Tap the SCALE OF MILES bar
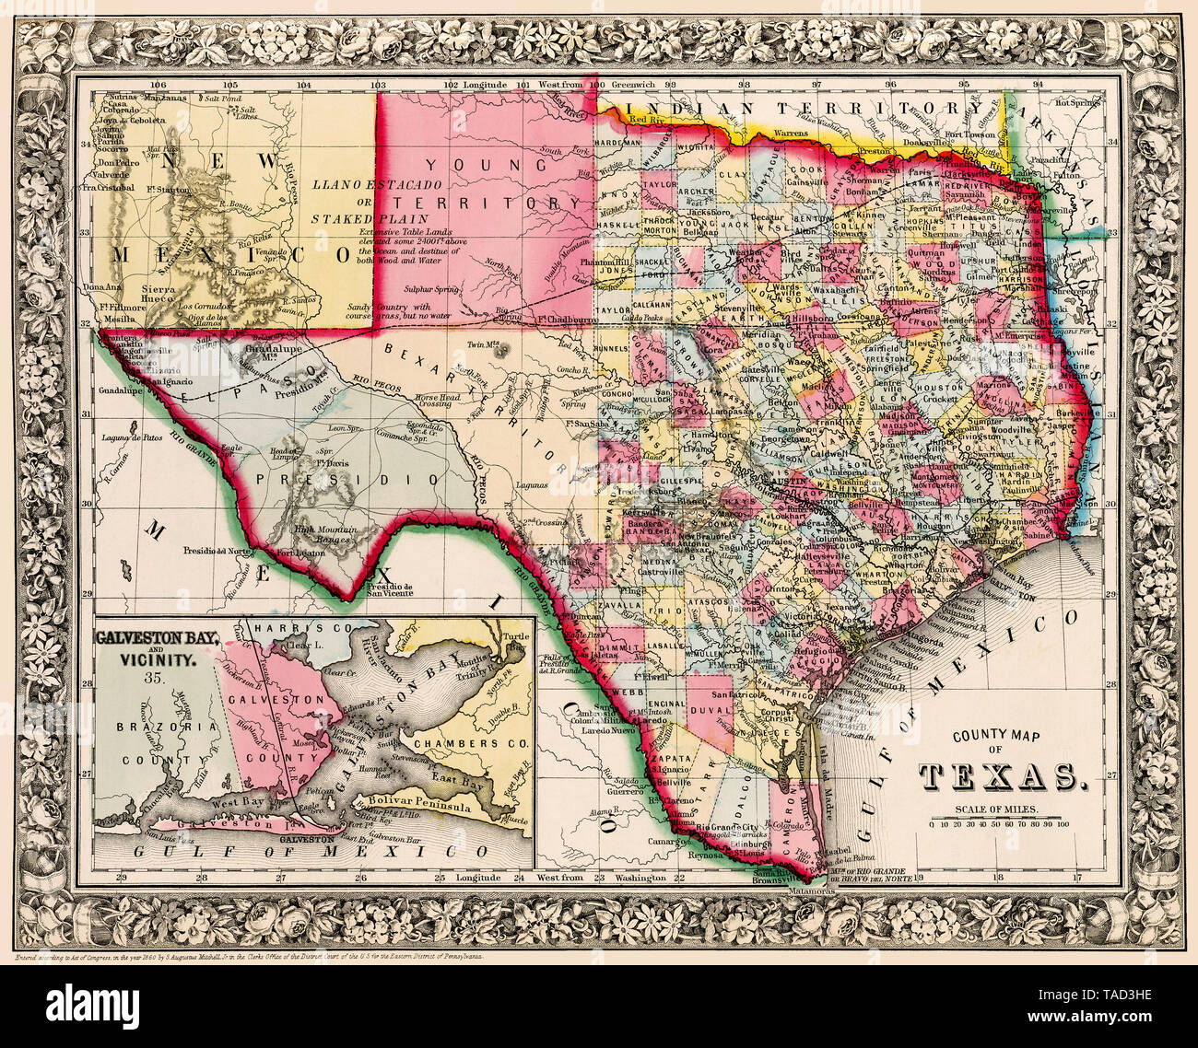tap(1000, 818)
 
